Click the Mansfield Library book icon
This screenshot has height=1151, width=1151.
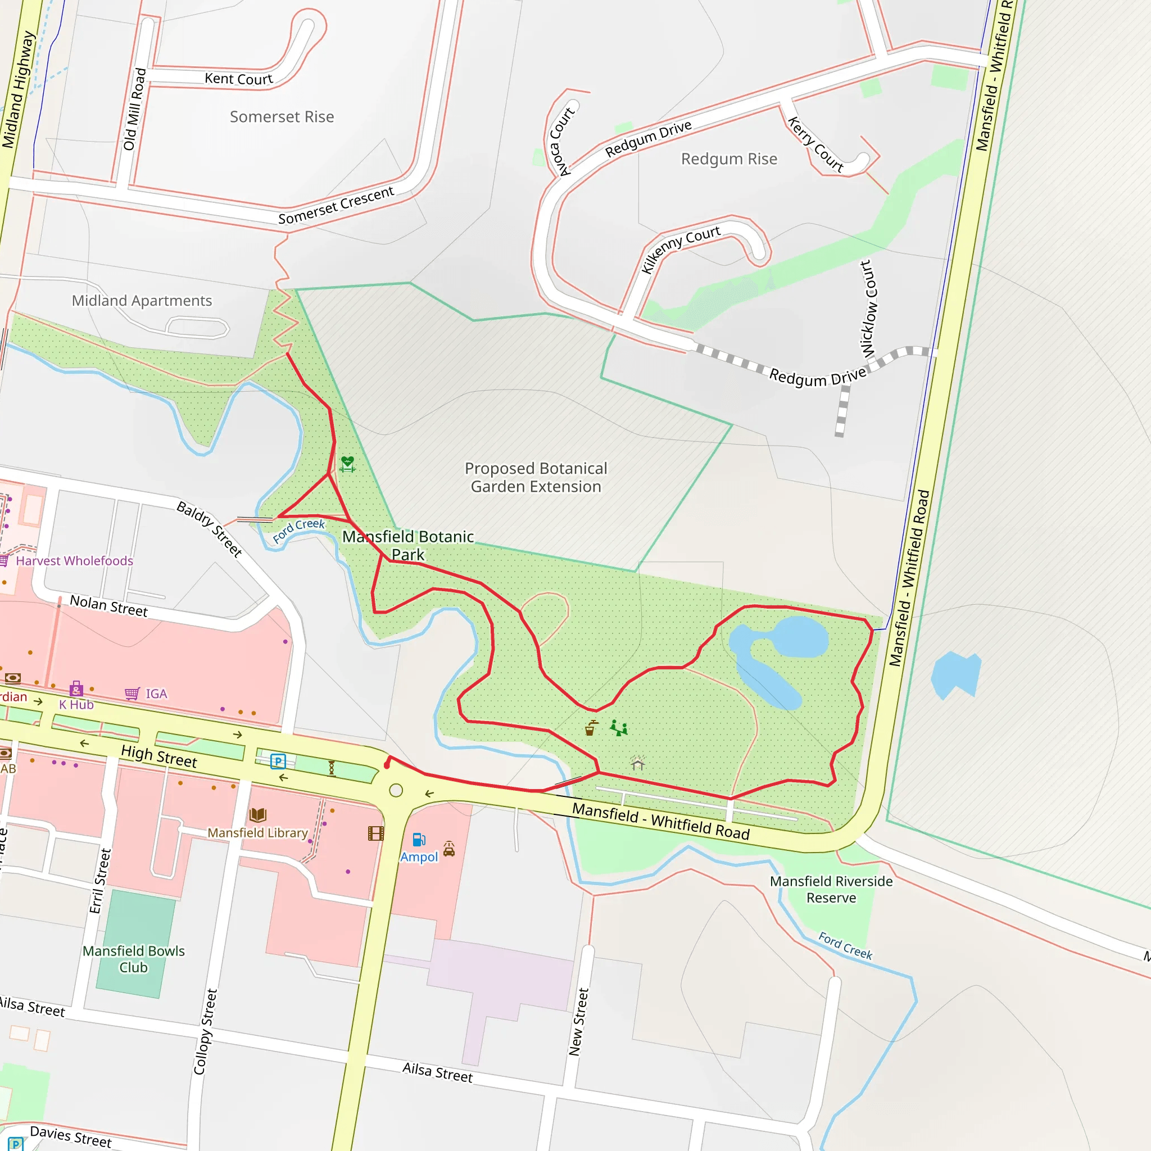[x=258, y=814]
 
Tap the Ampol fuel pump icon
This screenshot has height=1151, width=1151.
[x=419, y=840]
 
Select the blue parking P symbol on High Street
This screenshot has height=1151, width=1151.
[x=278, y=762]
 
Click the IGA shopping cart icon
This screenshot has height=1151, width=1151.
[x=132, y=694]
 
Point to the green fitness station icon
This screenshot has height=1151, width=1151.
[x=348, y=464]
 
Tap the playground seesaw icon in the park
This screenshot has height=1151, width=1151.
[x=619, y=728]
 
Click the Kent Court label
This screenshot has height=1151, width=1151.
[x=238, y=79]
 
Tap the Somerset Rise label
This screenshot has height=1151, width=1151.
[x=282, y=117]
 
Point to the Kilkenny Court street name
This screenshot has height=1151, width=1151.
[x=680, y=249]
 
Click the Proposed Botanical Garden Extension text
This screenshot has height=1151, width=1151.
[x=536, y=477]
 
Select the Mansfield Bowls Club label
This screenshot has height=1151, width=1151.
[x=133, y=959]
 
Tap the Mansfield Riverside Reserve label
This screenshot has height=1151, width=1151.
[x=831, y=890]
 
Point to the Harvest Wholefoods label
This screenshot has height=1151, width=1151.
[x=75, y=560]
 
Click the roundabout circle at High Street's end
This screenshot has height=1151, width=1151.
[x=396, y=791]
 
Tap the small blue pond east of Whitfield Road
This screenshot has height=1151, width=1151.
[x=955, y=675]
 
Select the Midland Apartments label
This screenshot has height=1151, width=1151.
[x=142, y=301]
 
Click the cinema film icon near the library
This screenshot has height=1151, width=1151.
[x=376, y=833]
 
